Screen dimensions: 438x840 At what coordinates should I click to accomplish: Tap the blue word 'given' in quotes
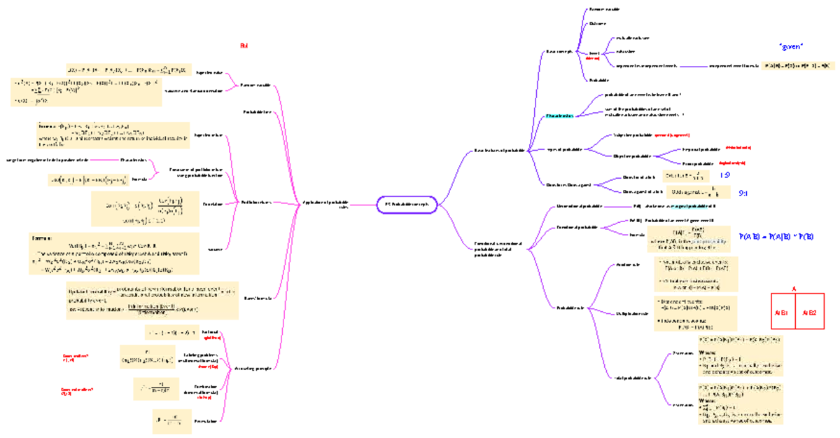tap(790, 46)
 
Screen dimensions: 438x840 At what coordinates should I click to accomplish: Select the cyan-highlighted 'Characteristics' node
tap(559, 115)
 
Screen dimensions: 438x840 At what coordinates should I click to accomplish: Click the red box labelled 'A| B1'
tap(782, 313)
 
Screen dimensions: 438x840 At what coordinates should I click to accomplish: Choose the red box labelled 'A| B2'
tap(811, 313)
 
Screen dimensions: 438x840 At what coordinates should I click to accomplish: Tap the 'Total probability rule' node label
tap(633, 378)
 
